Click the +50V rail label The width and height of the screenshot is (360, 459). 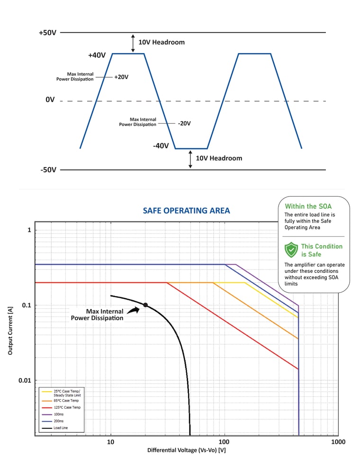tap(47, 33)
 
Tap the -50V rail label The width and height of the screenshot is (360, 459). tap(48, 170)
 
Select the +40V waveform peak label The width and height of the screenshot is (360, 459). tap(97, 55)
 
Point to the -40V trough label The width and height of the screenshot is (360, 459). tap(161, 145)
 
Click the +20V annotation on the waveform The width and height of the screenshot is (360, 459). tap(121, 77)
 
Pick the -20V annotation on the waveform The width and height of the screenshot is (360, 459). tap(184, 123)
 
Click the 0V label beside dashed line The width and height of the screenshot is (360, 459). tap(50, 99)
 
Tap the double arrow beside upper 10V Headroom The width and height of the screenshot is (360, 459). tap(133, 43)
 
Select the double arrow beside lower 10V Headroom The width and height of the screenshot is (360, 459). tap(190, 159)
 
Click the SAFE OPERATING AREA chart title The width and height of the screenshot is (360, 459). tap(187, 210)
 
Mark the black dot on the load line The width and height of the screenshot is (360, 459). tap(145, 305)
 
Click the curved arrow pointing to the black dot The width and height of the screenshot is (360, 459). tap(134, 310)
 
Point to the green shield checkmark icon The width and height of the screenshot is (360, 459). tap(291, 250)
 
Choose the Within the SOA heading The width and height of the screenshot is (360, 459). tap(308, 207)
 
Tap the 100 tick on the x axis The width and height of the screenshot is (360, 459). tap(224, 442)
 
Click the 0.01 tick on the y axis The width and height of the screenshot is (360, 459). tap(25, 380)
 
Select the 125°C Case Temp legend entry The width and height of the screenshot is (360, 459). tap(61, 407)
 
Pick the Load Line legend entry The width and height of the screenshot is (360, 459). tap(55, 428)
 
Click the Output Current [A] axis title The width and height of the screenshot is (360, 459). tap(10, 331)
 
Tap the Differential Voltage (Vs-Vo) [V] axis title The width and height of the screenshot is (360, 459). tap(187, 450)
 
